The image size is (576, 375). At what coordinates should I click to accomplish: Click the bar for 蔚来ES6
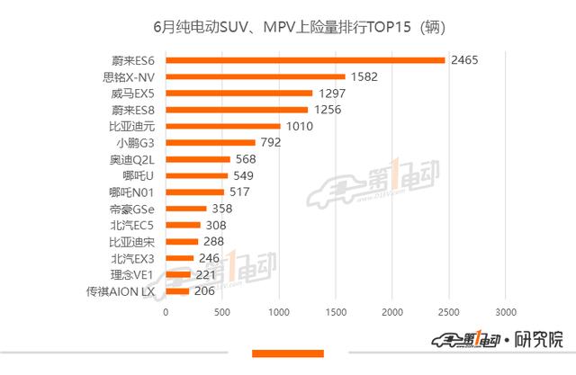[306, 60]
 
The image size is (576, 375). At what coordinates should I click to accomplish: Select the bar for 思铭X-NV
[256, 76]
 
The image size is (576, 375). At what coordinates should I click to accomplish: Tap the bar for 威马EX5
[239, 93]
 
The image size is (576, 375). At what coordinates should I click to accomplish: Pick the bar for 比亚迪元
[223, 126]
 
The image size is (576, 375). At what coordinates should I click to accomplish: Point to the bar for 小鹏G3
[211, 142]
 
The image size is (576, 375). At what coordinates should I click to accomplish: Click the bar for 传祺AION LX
[177, 290]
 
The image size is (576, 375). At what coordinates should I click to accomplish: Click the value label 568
[245, 159]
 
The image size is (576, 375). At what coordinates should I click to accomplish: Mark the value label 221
[206, 274]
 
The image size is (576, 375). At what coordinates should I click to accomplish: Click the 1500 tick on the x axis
[336, 312]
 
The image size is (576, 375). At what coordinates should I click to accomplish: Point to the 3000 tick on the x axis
[505, 312]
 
